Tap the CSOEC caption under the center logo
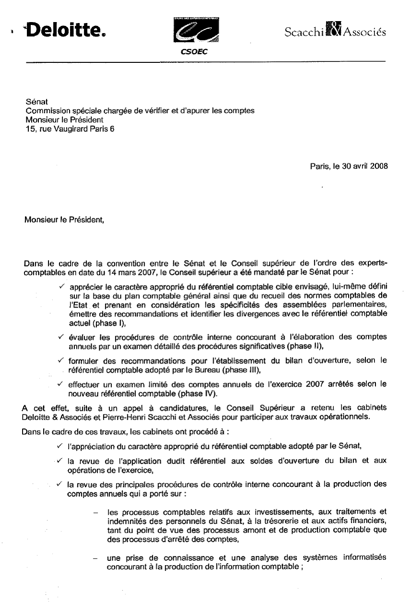pyautogui.click(x=194, y=52)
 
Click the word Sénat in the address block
pyautogui.click(x=34, y=102)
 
